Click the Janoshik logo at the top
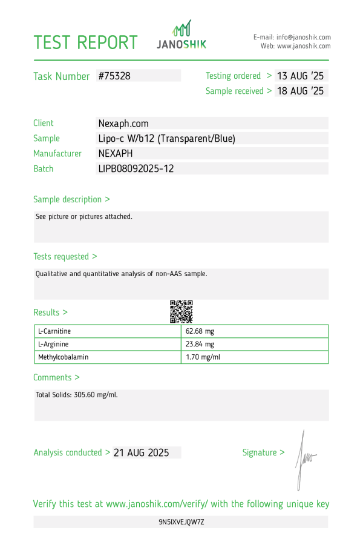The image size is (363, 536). (x=181, y=35)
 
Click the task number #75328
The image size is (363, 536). (x=114, y=76)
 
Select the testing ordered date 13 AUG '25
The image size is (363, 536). (x=300, y=76)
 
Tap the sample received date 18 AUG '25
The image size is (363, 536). (x=300, y=91)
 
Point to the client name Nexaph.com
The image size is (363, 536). (x=123, y=123)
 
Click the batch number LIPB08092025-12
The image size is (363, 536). (x=136, y=168)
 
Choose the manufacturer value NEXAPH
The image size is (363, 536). (x=116, y=153)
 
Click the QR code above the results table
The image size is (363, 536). (x=181, y=311)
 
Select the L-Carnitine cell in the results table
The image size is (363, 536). (x=59, y=331)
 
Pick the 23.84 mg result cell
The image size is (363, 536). (x=200, y=344)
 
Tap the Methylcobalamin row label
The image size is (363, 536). (x=64, y=357)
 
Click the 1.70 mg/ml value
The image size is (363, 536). (x=203, y=357)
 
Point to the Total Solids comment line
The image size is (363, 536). (x=77, y=395)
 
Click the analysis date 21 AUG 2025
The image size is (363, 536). (x=141, y=452)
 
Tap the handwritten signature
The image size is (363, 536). (x=304, y=459)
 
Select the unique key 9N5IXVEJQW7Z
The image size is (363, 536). (x=181, y=521)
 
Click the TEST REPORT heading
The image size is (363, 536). (x=85, y=42)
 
